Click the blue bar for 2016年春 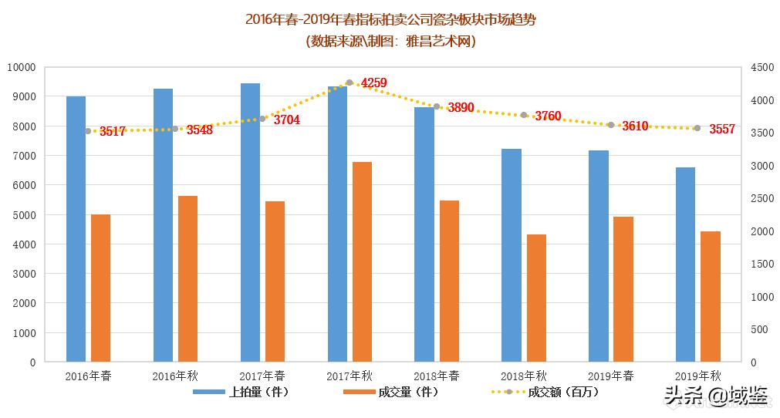point(76,229)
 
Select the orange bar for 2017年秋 point(362,261)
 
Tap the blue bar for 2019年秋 point(685,265)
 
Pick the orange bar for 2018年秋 point(536,298)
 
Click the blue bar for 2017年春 point(250,222)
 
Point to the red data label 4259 point(374,83)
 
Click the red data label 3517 point(113,132)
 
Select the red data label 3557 point(722,130)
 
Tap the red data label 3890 point(461,108)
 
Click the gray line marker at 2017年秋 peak point(349,83)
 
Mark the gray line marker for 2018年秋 point(524,115)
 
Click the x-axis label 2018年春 point(437,376)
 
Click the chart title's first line point(390,19)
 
